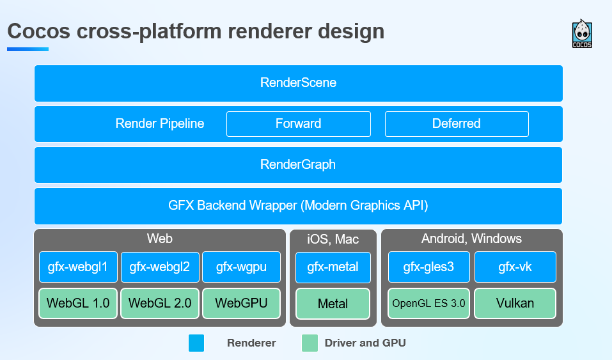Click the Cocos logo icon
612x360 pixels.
point(582,34)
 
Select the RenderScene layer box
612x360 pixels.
point(299,83)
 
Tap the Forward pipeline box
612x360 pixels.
point(299,124)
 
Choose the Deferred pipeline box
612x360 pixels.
point(457,124)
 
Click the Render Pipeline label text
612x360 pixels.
point(160,124)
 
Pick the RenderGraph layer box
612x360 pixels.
point(298,165)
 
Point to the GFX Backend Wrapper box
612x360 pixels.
point(298,206)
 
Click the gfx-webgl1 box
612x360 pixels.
point(78,267)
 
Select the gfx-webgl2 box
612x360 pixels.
point(160,267)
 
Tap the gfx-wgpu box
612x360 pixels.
point(242,267)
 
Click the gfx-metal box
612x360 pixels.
point(333,267)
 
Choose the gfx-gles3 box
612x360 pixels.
point(428,267)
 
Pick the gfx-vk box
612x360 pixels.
point(515,267)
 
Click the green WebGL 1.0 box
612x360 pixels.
point(78,303)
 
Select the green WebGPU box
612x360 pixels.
point(242,303)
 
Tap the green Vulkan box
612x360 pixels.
point(515,303)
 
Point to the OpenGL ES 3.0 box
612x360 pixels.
point(428,303)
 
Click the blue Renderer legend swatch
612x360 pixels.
point(196,343)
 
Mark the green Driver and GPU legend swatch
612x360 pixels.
point(310,343)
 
